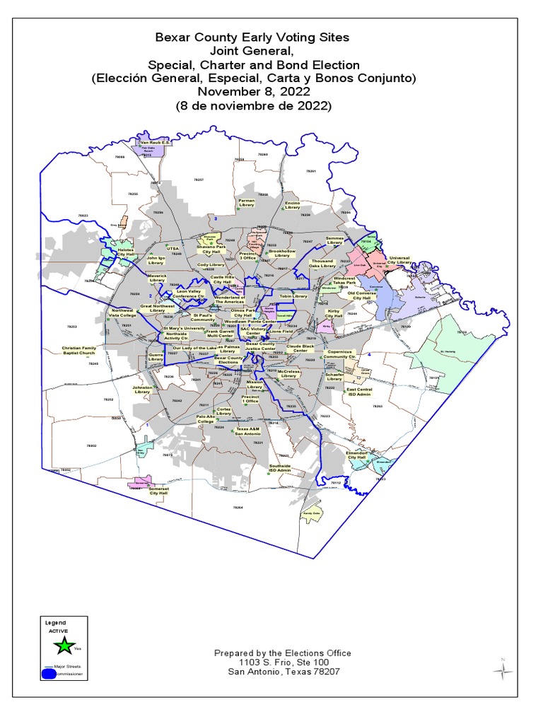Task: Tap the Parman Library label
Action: tap(246, 202)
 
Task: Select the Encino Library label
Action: tap(293, 204)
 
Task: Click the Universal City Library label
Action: tap(399, 260)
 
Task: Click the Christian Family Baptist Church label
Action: tap(78, 351)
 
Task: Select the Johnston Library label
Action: tap(142, 390)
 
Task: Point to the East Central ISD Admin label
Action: tap(358, 391)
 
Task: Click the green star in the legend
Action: tap(64, 644)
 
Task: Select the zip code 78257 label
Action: tap(199, 180)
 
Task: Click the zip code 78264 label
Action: tap(238, 508)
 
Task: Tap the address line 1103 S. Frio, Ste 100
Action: tap(283, 662)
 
